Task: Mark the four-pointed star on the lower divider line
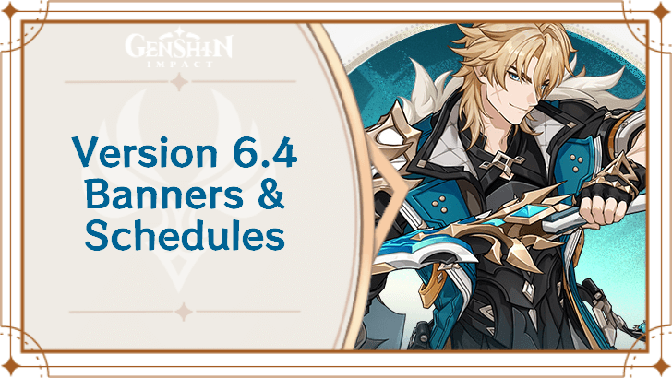[x=180, y=313]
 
